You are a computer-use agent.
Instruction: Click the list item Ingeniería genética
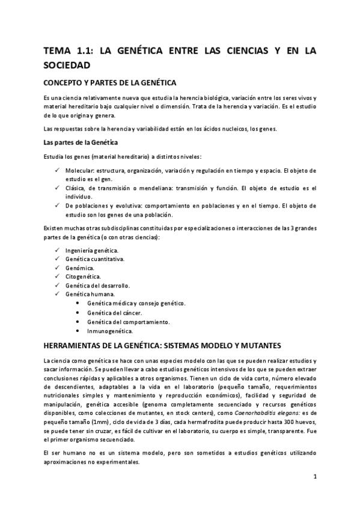click(92, 250)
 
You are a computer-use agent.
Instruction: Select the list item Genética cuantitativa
click(95, 259)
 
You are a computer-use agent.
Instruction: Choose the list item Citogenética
click(84, 277)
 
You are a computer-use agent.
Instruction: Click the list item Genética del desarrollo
click(97, 286)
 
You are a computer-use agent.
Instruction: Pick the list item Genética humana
click(90, 295)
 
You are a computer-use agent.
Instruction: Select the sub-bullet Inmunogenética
click(110, 331)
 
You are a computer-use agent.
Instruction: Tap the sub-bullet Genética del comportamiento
click(127, 322)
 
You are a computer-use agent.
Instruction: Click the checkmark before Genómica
click(56, 268)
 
